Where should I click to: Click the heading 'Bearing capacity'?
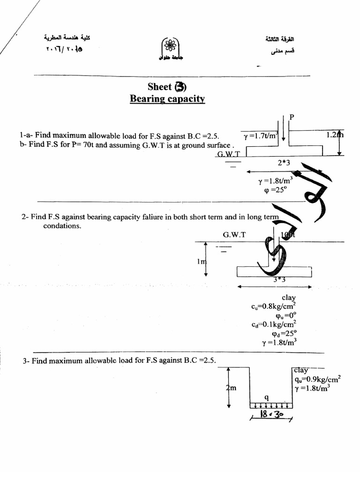[167, 99]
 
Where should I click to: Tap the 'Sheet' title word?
[159, 87]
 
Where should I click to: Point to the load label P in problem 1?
[292, 117]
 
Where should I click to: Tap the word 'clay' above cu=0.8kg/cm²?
[289, 298]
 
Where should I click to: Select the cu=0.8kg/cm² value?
[276, 307]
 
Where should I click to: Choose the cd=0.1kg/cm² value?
[274, 324]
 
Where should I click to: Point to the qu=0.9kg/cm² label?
[317, 379]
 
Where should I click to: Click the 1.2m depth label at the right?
[335, 135]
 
